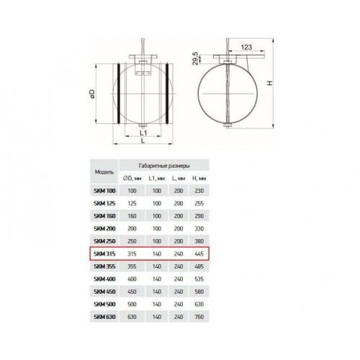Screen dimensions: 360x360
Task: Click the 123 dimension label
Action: coord(246,47)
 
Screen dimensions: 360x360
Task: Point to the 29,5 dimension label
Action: coord(196,58)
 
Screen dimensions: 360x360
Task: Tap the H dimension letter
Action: coord(270,83)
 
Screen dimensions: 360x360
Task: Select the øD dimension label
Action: coord(92,94)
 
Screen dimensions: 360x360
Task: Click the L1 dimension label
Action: coord(143,132)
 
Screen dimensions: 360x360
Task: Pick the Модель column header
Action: coord(104,172)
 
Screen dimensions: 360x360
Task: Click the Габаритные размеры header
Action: coord(164,166)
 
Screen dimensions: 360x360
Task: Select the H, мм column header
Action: coord(199,179)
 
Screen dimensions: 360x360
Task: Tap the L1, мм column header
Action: coord(157,179)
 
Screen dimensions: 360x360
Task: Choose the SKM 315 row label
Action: coord(104,253)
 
